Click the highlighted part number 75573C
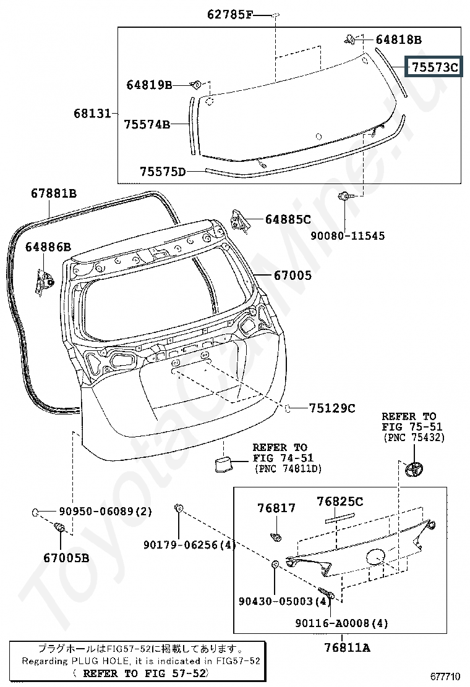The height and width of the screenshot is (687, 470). pos(435,67)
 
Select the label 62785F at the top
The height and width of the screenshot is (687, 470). pos(229,15)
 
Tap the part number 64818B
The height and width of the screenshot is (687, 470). pos(398,40)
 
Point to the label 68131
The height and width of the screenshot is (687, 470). pos(92,114)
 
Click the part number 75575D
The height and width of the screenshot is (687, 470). pos(163,171)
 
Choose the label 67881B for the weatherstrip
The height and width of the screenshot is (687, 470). pos(53,193)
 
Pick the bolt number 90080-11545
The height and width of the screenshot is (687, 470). pos(348,236)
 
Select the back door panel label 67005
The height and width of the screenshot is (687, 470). pos(293,276)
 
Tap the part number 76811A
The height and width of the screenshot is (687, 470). pos(347,647)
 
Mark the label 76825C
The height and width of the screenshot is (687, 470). pos(340,502)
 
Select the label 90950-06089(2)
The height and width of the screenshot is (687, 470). pos(105,512)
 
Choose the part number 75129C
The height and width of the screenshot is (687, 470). pos(332,408)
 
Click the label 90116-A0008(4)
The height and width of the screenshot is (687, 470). pos(341,623)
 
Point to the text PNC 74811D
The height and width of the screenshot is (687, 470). pos(288,469)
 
